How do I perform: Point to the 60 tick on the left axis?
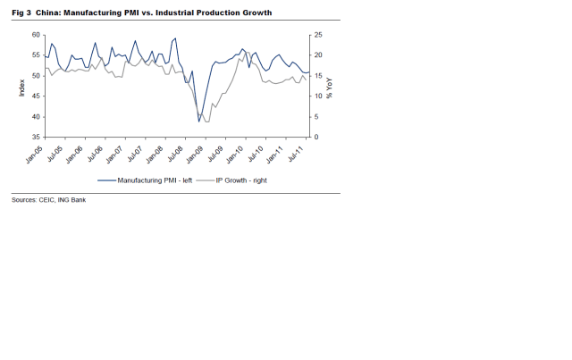[x=37, y=34]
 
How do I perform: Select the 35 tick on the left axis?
[x=37, y=137]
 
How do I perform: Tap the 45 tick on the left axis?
[x=37, y=96]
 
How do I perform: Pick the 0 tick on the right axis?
[x=315, y=137]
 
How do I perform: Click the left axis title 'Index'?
[x=22, y=86]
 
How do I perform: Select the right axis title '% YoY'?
[x=330, y=86]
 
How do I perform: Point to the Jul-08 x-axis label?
[x=170, y=155]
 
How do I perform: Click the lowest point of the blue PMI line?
[x=199, y=121]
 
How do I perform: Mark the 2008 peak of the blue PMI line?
[x=175, y=38]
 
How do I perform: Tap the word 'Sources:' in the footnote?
[x=24, y=199]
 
